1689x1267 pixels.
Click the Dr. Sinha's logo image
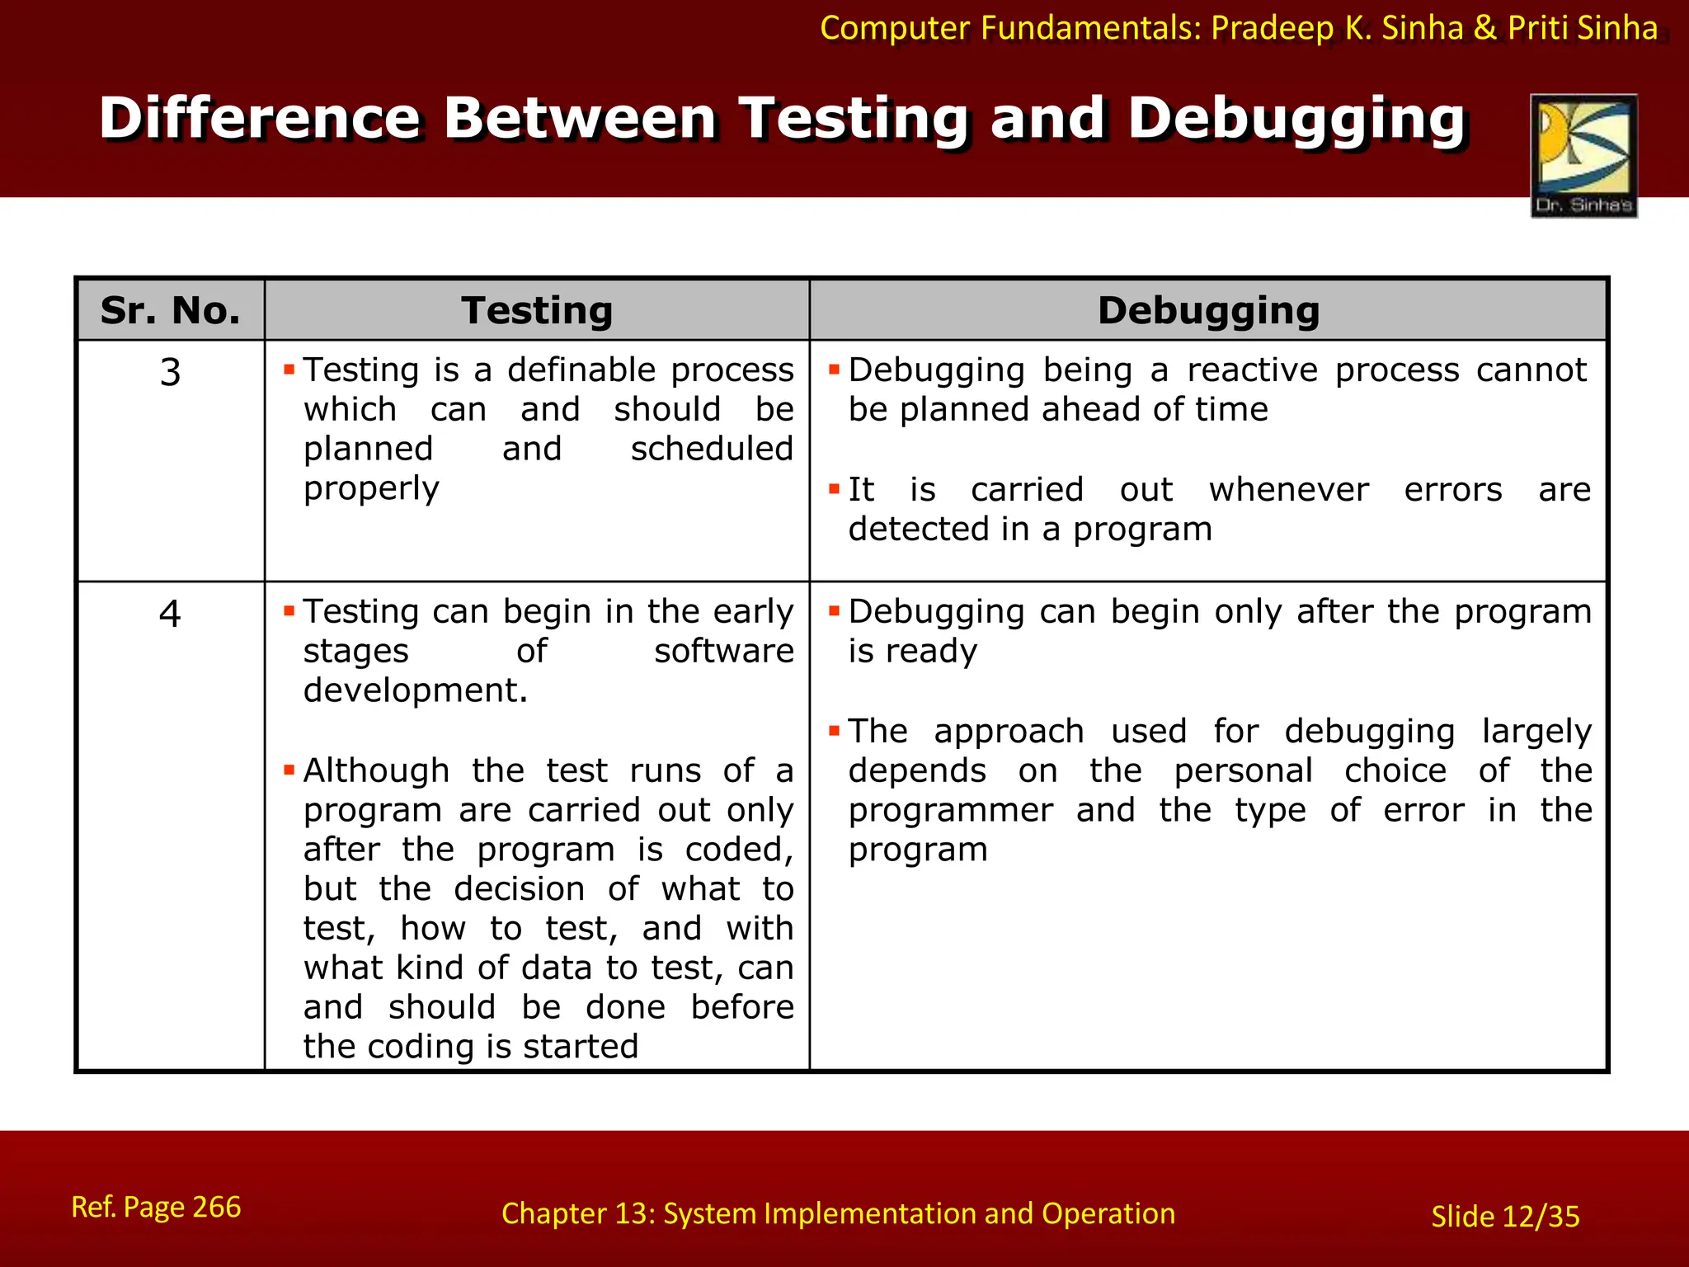coord(1583,155)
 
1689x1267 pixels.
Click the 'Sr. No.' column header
coord(170,311)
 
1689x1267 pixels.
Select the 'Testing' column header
coord(537,311)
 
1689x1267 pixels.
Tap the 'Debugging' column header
coord(1208,311)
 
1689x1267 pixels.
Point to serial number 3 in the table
coord(170,372)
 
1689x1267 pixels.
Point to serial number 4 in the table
coord(170,614)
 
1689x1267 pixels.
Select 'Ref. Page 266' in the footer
coord(156,1207)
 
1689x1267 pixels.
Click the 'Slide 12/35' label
coord(1505,1217)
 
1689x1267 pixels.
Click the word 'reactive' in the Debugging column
coord(1252,370)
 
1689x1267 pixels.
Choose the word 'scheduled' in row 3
coord(712,450)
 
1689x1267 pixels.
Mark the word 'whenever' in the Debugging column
coord(1288,490)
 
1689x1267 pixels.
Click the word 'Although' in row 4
coord(376,771)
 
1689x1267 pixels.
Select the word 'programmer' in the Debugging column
coord(951,811)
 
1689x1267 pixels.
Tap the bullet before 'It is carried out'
coord(834,489)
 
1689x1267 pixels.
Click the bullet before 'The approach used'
coord(834,730)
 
